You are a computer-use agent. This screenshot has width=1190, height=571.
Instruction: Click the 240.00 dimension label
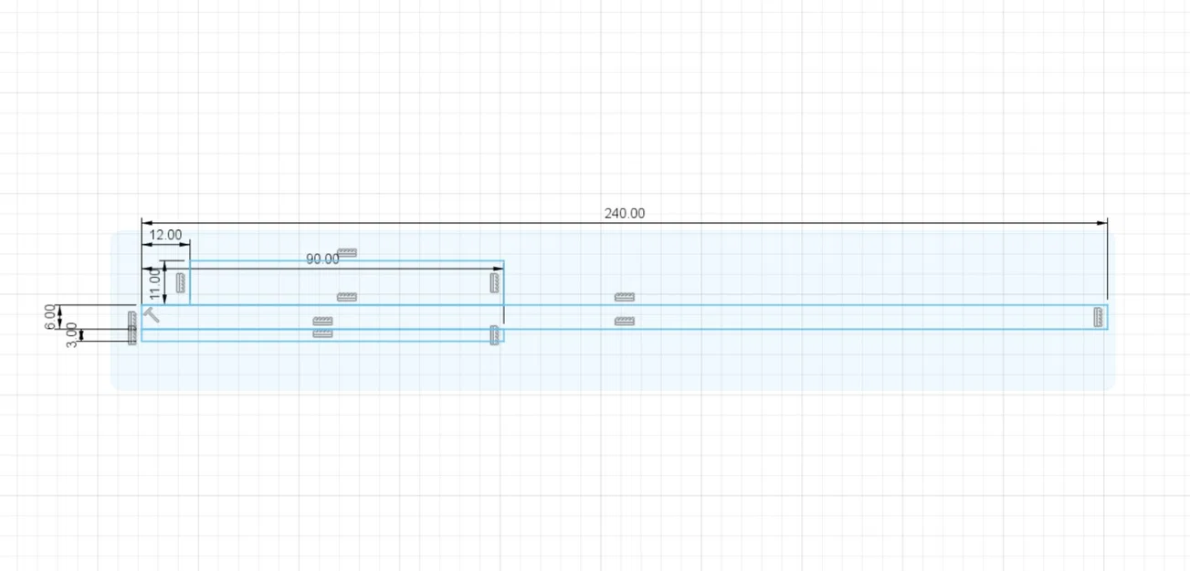624,213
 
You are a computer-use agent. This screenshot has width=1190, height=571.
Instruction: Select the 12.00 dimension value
165,235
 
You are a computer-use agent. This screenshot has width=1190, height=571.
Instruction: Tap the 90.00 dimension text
322,259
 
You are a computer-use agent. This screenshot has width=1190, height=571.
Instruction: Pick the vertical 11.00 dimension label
154,284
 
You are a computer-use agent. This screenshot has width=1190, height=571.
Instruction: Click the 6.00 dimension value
50,317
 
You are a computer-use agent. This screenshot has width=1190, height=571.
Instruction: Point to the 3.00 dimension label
71,335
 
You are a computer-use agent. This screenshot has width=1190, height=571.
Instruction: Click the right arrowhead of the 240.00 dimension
1101,223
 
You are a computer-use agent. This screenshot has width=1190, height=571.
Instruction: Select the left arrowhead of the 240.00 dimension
147,223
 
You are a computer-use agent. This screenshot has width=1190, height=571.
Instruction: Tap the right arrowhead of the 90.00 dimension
498,269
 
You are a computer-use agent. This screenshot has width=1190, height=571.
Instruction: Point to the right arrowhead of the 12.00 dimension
184,245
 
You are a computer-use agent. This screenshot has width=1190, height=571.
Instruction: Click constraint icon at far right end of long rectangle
1098,317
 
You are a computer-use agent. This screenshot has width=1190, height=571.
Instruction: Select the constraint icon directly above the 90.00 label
347,252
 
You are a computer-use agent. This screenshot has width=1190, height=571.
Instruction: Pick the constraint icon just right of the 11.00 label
181,283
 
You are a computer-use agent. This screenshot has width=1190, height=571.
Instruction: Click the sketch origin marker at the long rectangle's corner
151,314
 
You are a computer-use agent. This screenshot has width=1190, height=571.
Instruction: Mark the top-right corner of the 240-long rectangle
1108,305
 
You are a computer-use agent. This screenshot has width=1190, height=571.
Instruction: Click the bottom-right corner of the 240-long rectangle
1108,329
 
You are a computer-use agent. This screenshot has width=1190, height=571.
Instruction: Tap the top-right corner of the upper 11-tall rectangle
503,261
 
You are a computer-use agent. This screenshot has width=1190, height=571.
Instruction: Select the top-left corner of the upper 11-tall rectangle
190,261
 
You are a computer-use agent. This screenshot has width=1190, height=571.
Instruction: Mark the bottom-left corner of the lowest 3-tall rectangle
142,341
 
